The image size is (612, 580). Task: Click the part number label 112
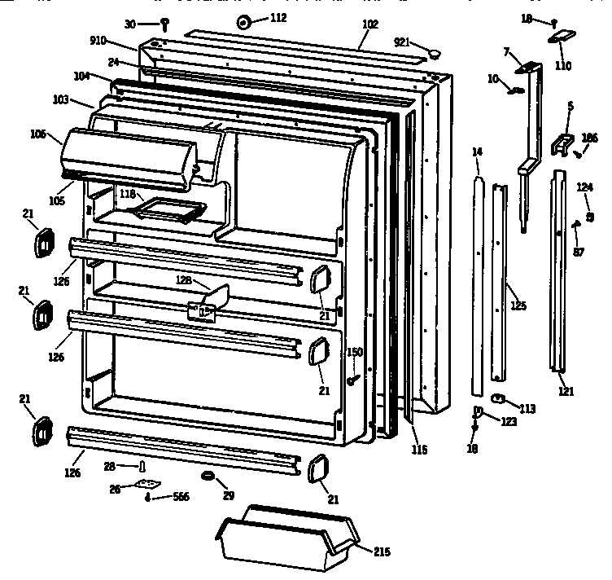pos(278,18)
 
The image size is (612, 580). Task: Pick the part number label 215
pos(381,551)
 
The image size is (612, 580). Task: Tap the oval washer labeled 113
pos(500,398)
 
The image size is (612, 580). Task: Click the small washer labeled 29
pos(208,475)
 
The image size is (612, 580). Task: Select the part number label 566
pos(179,496)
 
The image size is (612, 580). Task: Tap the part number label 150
pos(355,352)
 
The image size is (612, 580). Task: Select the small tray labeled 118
pos(169,211)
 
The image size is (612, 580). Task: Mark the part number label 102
pos(370,24)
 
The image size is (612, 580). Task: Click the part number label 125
pos(518,306)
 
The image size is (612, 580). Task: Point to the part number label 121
pos(566,391)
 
